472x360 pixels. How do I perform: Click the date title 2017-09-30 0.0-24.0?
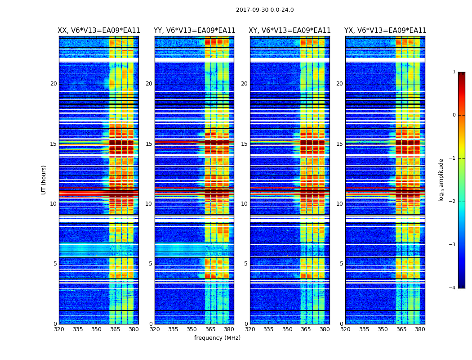click(x=265, y=10)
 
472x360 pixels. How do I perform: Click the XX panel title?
click(x=99, y=31)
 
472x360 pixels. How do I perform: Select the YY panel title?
click(x=194, y=31)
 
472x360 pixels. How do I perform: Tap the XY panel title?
click(x=289, y=31)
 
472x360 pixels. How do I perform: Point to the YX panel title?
click(x=385, y=31)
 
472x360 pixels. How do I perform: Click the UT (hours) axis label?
click(x=44, y=180)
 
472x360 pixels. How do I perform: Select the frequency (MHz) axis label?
click(x=217, y=338)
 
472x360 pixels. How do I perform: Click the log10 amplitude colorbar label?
click(x=441, y=180)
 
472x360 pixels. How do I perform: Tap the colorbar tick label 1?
click(x=454, y=72)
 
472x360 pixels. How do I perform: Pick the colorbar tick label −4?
click(x=453, y=288)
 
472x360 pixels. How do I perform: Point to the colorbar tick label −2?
click(x=453, y=202)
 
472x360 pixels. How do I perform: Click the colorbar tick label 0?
click(x=454, y=115)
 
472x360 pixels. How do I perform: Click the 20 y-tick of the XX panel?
click(x=53, y=84)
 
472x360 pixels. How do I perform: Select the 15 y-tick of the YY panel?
click(x=149, y=144)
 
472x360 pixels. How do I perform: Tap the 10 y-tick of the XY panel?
click(x=244, y=204)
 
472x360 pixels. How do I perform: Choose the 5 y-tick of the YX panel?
click(x=341, y=264)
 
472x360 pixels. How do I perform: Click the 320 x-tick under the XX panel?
click(x=59, y=329)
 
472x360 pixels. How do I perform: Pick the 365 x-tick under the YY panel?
click(x=210, y=329)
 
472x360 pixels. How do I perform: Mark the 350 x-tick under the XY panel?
click(x=287, y=329)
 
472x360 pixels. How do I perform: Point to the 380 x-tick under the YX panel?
click(x=420, y=329)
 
